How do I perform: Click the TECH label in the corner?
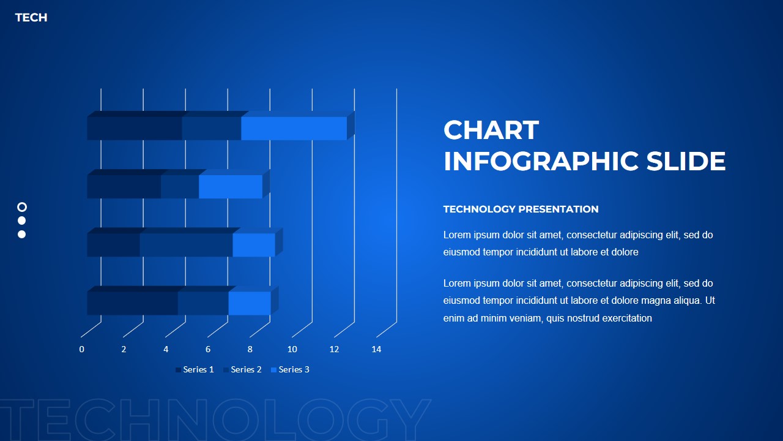(31, 18)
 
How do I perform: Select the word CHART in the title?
(491, 130)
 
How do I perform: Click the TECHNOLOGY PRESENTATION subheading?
(521, 209)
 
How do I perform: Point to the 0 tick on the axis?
(81, 349)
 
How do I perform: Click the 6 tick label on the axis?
(208, 349)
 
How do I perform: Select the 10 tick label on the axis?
(292, 349)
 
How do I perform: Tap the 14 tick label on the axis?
(376, 349)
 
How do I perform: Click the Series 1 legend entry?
(195, 369)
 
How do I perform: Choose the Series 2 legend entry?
(243, 369)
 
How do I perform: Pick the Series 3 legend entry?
(291, 369)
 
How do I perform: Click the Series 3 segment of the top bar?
(294, 129)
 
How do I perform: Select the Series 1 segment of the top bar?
(135, 129)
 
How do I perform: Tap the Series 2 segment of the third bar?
(186, 245)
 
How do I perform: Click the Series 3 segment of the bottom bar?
(250, 303)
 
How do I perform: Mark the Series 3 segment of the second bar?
(231, 187)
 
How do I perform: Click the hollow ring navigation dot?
(22, 207)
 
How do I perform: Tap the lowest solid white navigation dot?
(22, 234)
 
